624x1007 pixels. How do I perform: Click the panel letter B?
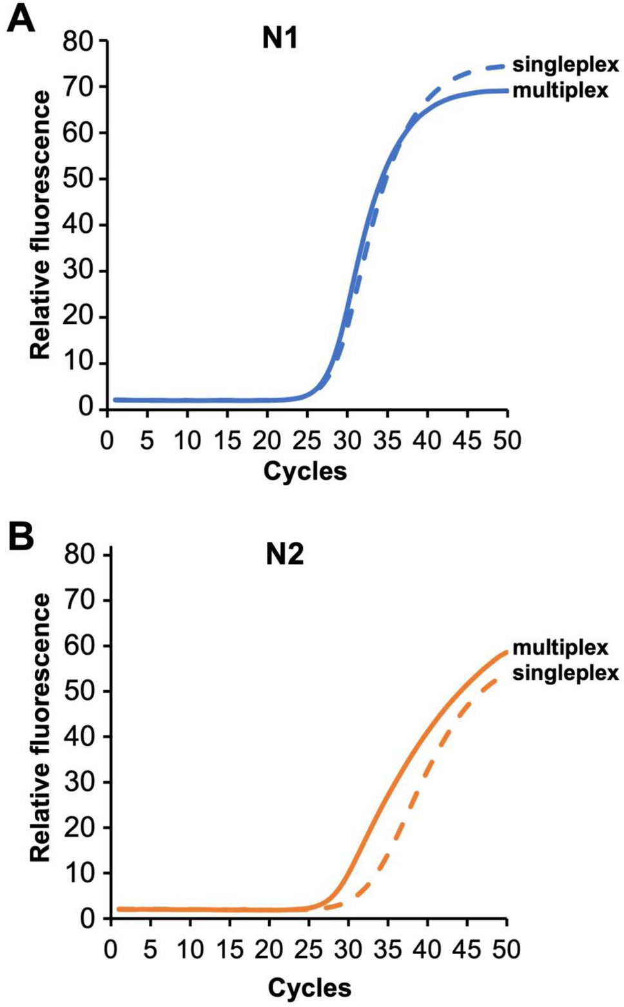pos(21,537)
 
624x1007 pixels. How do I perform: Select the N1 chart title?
pos(280,39)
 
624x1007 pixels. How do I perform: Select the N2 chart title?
pos(284,554)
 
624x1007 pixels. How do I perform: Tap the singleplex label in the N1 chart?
pos(565,65)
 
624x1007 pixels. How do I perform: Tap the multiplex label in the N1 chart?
pos(560,90)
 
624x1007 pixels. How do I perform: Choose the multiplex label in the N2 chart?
pos(560,647)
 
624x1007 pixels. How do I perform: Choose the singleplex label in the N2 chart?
pos(565,673)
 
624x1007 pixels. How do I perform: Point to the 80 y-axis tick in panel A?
pos(79,41)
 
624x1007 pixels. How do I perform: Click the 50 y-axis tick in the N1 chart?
pos(79,179)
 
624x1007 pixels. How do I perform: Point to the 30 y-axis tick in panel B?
pos(80,782)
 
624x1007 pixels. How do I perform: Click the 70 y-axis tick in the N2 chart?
pos(80,600)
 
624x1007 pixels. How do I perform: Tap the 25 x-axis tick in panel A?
pos(307,441)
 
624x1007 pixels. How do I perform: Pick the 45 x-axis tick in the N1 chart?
pos(467,441)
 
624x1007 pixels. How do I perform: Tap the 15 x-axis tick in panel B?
pos(229,950)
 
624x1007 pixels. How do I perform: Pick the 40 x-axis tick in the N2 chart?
pos(427,950)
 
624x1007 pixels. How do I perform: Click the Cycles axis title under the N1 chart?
pos(305,472)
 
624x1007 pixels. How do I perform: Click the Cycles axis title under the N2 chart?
pos(309,988)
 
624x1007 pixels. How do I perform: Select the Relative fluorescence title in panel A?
pos(40,224)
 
